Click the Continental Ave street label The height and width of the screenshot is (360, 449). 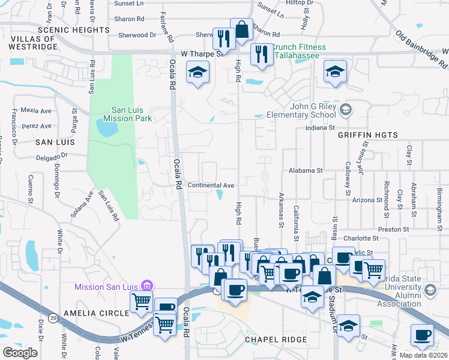click(210, 185)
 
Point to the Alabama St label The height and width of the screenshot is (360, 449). click(306, 170)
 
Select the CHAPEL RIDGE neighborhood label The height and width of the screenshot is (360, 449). click(276, 340)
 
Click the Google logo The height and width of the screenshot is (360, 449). click(20, 353)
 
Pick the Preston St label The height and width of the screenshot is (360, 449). click(393, 229)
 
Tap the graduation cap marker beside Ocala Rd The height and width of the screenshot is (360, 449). click(196, 74)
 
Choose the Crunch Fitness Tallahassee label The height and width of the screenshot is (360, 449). click(300, 52)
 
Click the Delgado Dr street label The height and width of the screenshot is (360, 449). click(52, 155)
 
